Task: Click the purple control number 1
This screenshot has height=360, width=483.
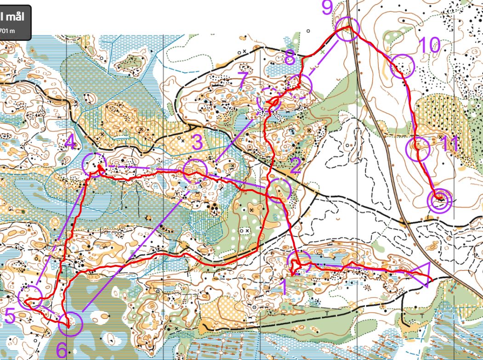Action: [284, 287]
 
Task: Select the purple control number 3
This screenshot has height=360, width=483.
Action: [197, 143]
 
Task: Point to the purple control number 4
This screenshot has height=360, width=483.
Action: [70, 142]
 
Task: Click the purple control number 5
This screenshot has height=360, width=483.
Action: [10, 316]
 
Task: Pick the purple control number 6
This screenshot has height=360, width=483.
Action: [61, 350]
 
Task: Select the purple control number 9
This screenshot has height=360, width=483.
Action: [326, 7]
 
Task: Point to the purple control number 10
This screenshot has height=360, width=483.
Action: [429, 45]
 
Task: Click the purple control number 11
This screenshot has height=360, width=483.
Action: [449, 144]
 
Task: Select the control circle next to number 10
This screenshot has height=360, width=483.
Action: [402, 66]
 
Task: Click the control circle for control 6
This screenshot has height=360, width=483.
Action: [71, 323]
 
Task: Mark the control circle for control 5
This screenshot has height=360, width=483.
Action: [31, 296]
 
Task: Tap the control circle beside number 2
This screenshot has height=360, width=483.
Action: [279, 190]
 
